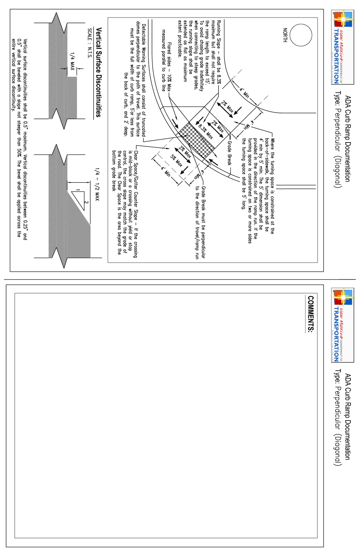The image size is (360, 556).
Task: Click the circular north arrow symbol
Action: coord(301,35)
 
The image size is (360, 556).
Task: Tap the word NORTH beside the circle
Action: coord(285,35)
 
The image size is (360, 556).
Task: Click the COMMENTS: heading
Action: coord(310,314)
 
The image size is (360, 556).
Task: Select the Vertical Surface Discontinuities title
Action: coord(99,72)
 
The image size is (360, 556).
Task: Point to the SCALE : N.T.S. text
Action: coord(90,43)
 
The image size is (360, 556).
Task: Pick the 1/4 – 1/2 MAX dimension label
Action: coord(97,184)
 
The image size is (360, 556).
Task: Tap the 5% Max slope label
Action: coord(177,161)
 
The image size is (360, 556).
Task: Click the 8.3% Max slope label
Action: coord(205,132)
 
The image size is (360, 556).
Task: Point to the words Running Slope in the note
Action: coord(219,38)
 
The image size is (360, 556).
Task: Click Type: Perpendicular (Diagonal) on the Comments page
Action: coord(338,417)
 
